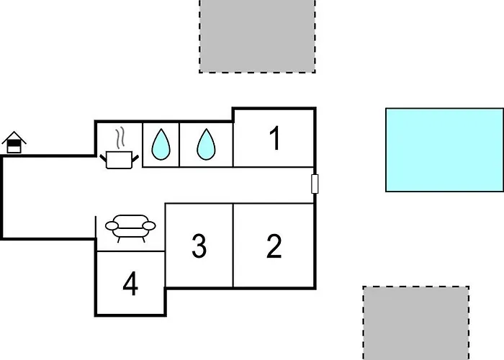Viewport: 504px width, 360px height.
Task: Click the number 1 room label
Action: tap(274, 138)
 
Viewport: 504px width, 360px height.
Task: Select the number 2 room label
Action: tap(274, 246)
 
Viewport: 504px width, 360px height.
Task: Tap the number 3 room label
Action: tap(199, 246)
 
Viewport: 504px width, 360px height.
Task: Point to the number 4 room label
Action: tap(130, 285)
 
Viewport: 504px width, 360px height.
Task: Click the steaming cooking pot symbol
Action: tap(120, 158)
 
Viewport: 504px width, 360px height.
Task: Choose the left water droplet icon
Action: tap(161, 145)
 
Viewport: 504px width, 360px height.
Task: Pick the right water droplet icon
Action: tap(207, 145)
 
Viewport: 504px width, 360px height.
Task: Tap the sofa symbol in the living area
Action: tap(130, 228)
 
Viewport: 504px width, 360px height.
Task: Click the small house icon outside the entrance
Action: tap(14, 143)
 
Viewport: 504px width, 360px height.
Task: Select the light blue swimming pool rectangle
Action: tap(444, 150)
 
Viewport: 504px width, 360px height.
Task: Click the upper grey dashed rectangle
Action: tap(257, 36)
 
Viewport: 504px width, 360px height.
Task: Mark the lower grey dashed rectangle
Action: tap(416, 323)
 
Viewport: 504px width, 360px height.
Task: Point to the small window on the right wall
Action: tap(315, 184)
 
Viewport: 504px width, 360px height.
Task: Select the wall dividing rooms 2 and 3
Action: tap(233, 245)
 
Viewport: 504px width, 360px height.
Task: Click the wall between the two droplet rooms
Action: tap(179, 145)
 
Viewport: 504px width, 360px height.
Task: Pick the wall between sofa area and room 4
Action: tap(130, 251)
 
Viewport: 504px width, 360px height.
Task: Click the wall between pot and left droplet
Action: tap(143, 145)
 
